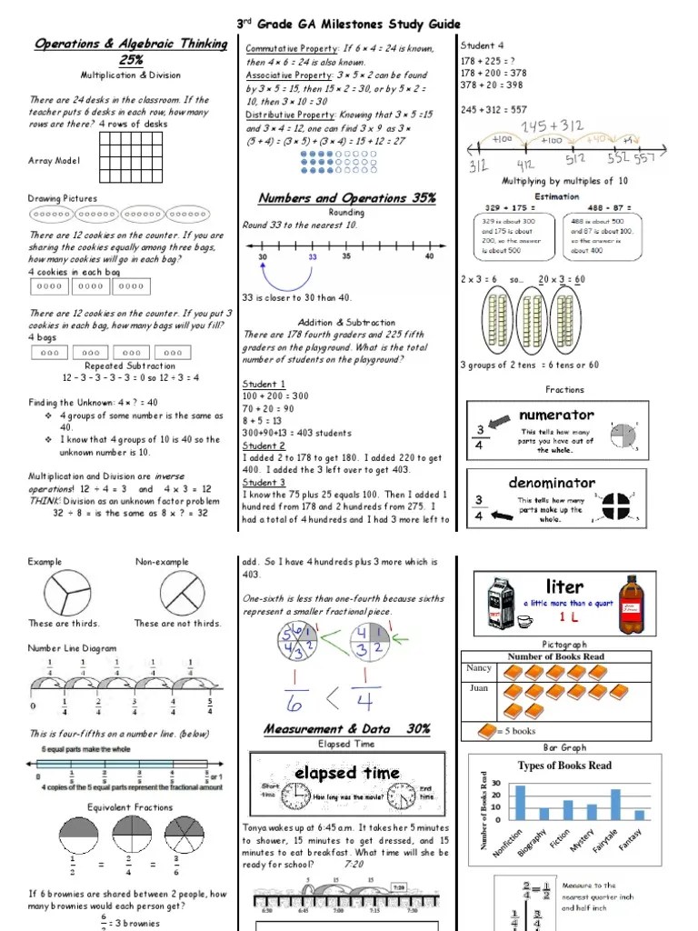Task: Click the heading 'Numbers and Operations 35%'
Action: [x=346, y=197]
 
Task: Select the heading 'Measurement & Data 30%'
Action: [x=347, y=728]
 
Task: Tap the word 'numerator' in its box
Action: [x=555, y=415]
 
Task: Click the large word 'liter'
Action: [x=564, y=586]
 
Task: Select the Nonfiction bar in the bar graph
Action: [x=521, y=803]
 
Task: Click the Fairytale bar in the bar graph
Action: [x=615, y=805]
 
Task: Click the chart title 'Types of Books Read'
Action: [x=564, y=766]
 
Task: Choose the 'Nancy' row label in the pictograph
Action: [x=479, y=668]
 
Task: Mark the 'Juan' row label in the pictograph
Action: [x=478, y=688]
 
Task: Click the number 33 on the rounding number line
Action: [x=313, y=257]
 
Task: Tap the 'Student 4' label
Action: [x=482, y=45]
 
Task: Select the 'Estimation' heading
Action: [x=556, y=196]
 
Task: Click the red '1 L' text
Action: [x=569, y=617]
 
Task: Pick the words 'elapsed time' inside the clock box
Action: [x=346, y=773]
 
